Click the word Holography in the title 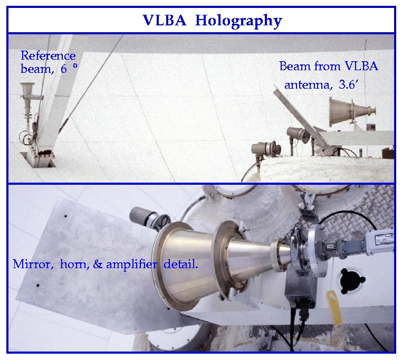click(x=238, y=21)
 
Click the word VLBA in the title click(x=165, y=20)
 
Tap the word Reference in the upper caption click(x=48, y=55)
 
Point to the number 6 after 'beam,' click(x=64, y=69)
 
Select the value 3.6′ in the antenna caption click(x=348, y=84)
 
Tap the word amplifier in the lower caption click(x=131, y=264)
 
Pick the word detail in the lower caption click(x=180, y=264)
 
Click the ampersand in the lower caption click(x=98, y=264)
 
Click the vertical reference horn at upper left click(x=28, y=102)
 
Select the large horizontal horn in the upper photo click(x=352, y=111)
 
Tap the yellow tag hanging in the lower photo click(x=334, y=307)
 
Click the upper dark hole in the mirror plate click(x=65, y=216)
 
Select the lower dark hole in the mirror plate click(x=38, y=286)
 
